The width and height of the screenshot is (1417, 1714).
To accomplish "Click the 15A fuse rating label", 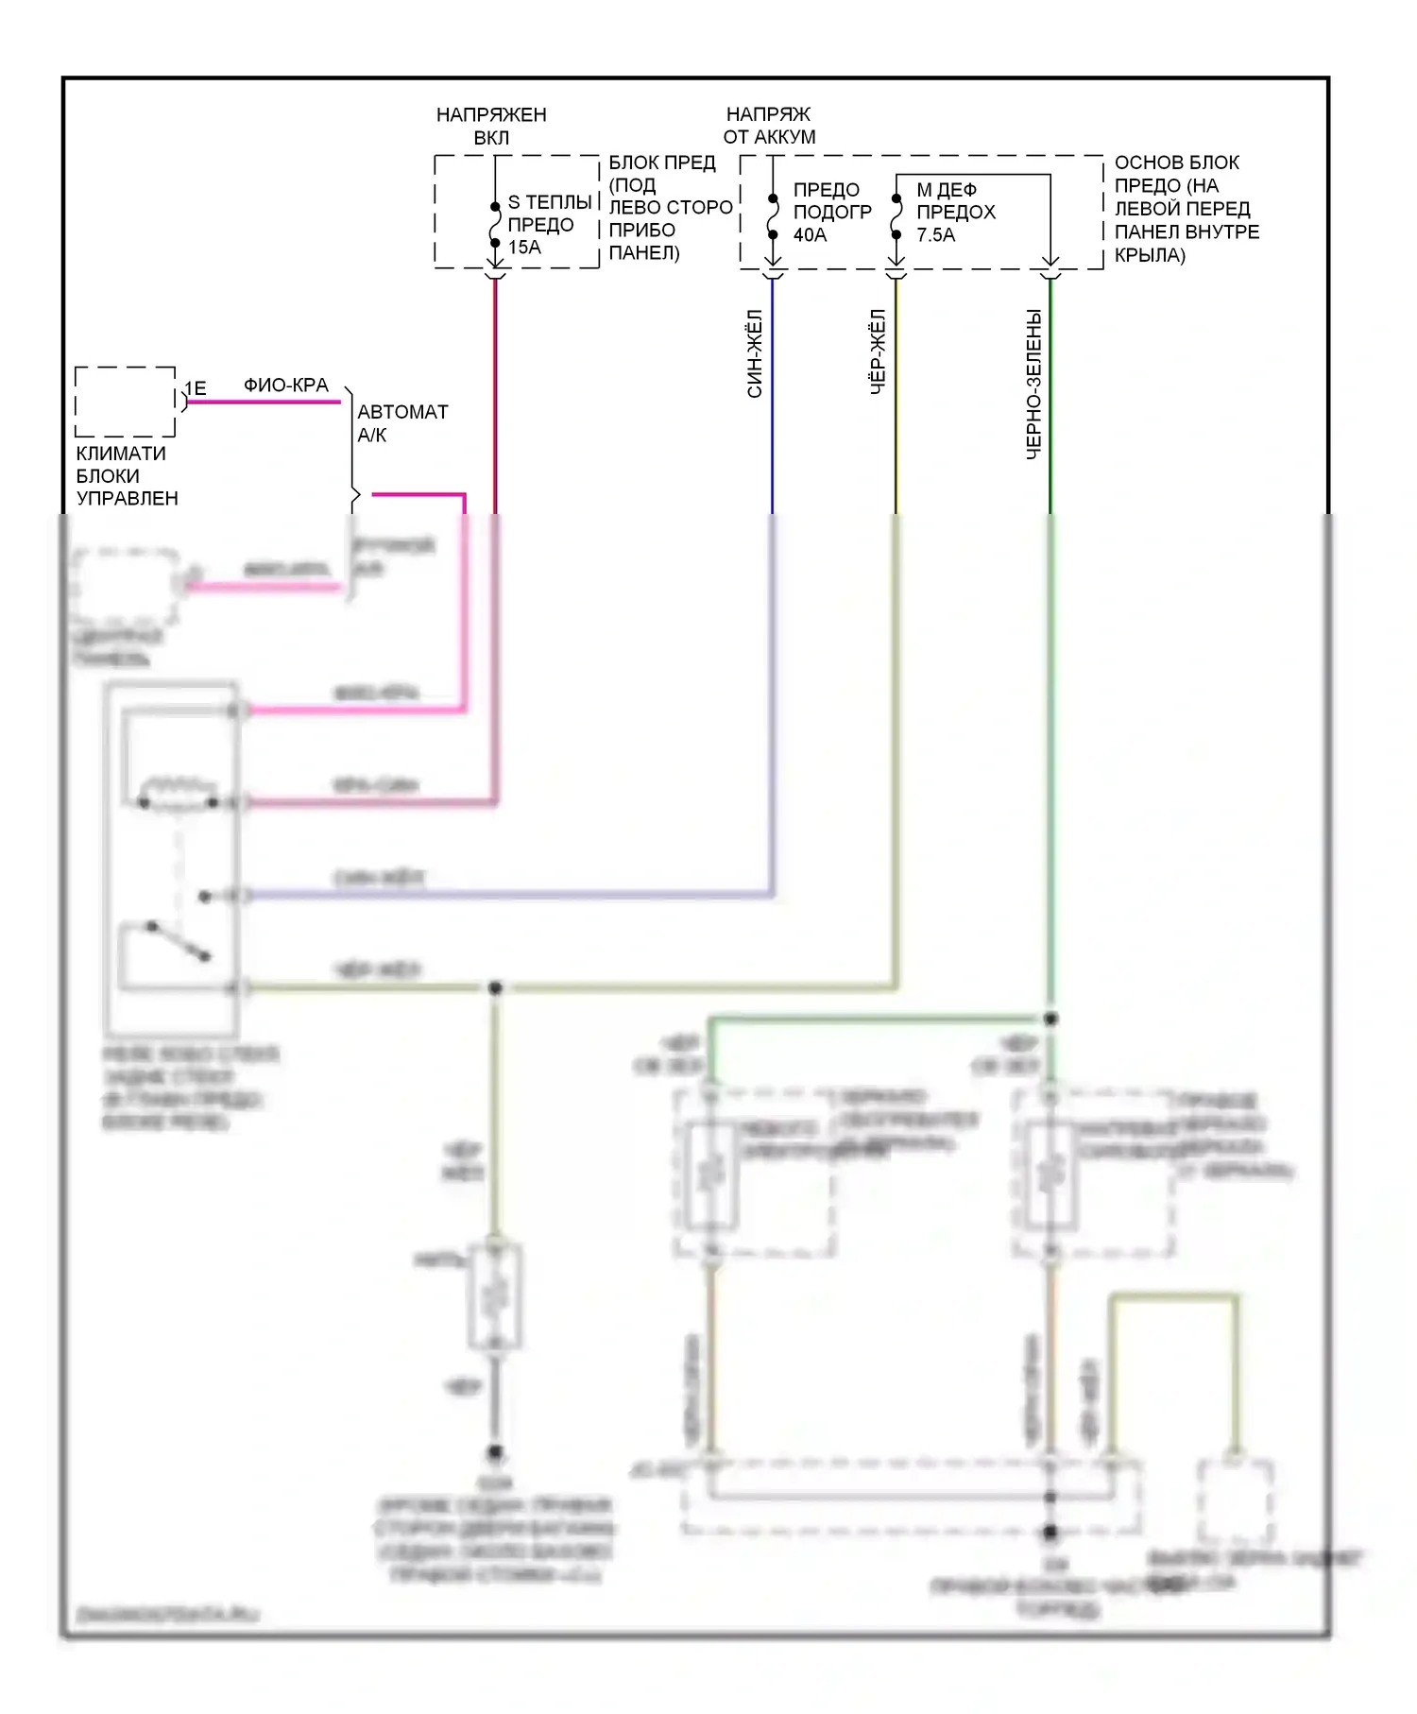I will tap(524, 248).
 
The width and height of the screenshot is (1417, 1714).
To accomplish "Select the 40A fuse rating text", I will tap(810, 235).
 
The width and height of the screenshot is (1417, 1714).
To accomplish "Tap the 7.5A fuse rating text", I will tap(935, 235).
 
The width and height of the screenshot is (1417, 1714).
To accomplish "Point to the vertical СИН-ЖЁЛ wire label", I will tap(755, 353).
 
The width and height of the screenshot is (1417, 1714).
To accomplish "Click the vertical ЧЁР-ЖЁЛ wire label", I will tap(878, 351).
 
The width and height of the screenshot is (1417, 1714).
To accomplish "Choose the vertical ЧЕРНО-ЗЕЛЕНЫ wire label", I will tap(1033, 384).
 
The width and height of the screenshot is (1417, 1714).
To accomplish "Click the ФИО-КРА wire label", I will tap(285, 386).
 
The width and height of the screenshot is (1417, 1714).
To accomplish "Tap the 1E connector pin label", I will tap(196, 388).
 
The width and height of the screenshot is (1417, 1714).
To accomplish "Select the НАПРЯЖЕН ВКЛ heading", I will tap(491, 126).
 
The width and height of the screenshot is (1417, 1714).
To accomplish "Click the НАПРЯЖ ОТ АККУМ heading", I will tap(769, 126).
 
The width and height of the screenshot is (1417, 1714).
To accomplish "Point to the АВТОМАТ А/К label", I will tap(401, 423).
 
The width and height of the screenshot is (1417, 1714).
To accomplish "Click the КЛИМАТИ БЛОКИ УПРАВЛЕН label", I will tap(127, 475).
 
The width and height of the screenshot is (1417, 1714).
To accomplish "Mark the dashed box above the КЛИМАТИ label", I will tap(126, 402).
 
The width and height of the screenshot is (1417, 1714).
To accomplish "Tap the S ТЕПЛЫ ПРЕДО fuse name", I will tap(548, 214).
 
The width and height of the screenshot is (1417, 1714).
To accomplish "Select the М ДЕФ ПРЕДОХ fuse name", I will tap(955, 200).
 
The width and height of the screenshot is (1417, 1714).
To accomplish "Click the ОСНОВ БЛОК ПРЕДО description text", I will tap(1186, 208).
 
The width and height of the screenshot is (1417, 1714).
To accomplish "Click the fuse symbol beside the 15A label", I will tap(495, 225).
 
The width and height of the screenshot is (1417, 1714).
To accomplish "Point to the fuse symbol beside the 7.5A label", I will tap(896, 216).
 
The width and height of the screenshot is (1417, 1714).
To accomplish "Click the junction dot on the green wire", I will tap(1050, 1019).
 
